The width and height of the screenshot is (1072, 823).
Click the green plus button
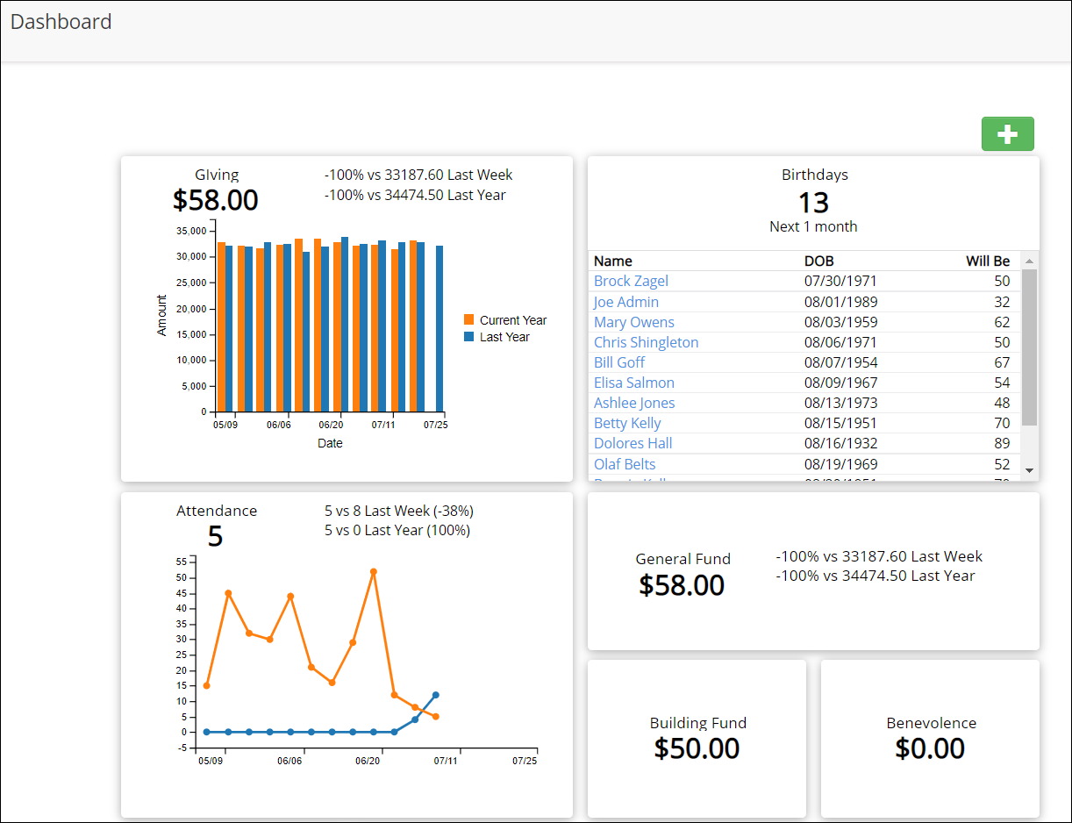[1007, 134]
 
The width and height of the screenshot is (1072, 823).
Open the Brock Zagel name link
[631, 281]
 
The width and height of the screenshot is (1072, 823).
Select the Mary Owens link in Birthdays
[633, 322]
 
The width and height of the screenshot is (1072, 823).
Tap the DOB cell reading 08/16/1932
[840, 443]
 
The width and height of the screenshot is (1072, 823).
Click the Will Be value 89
[1002, 443]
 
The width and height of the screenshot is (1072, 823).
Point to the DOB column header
[818, 261]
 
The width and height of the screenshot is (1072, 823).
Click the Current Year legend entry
[512, 320]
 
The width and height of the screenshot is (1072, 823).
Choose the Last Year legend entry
[504, 337]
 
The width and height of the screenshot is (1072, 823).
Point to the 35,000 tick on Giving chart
[191, 231]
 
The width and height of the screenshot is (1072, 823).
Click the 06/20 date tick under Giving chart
[331, 425]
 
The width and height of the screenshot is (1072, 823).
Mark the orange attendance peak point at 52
[374, 571]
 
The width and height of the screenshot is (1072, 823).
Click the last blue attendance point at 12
[436, 695]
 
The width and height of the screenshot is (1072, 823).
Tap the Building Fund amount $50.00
[697, 748]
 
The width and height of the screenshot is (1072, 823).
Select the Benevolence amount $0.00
[930, 748]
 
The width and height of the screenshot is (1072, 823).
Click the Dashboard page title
[61, 22]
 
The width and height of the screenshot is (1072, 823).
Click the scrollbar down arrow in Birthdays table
[1030, 471]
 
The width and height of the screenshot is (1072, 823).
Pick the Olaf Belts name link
[625, 464]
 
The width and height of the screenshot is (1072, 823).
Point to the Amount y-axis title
[162, 316]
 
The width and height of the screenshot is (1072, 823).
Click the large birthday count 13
[813, 203]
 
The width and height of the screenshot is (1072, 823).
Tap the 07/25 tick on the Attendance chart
[525, 761]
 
